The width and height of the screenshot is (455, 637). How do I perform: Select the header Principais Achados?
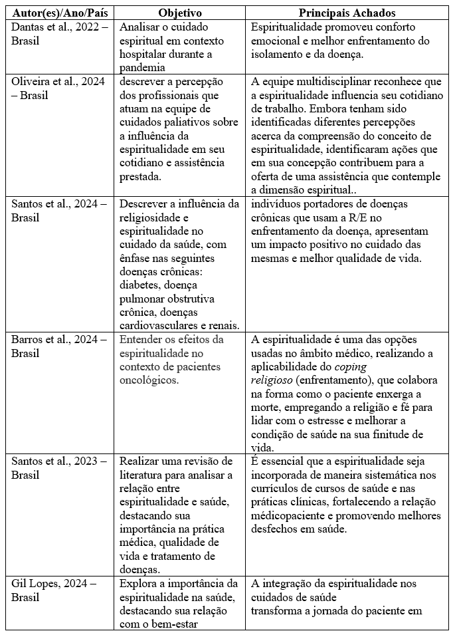click(347, 13)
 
